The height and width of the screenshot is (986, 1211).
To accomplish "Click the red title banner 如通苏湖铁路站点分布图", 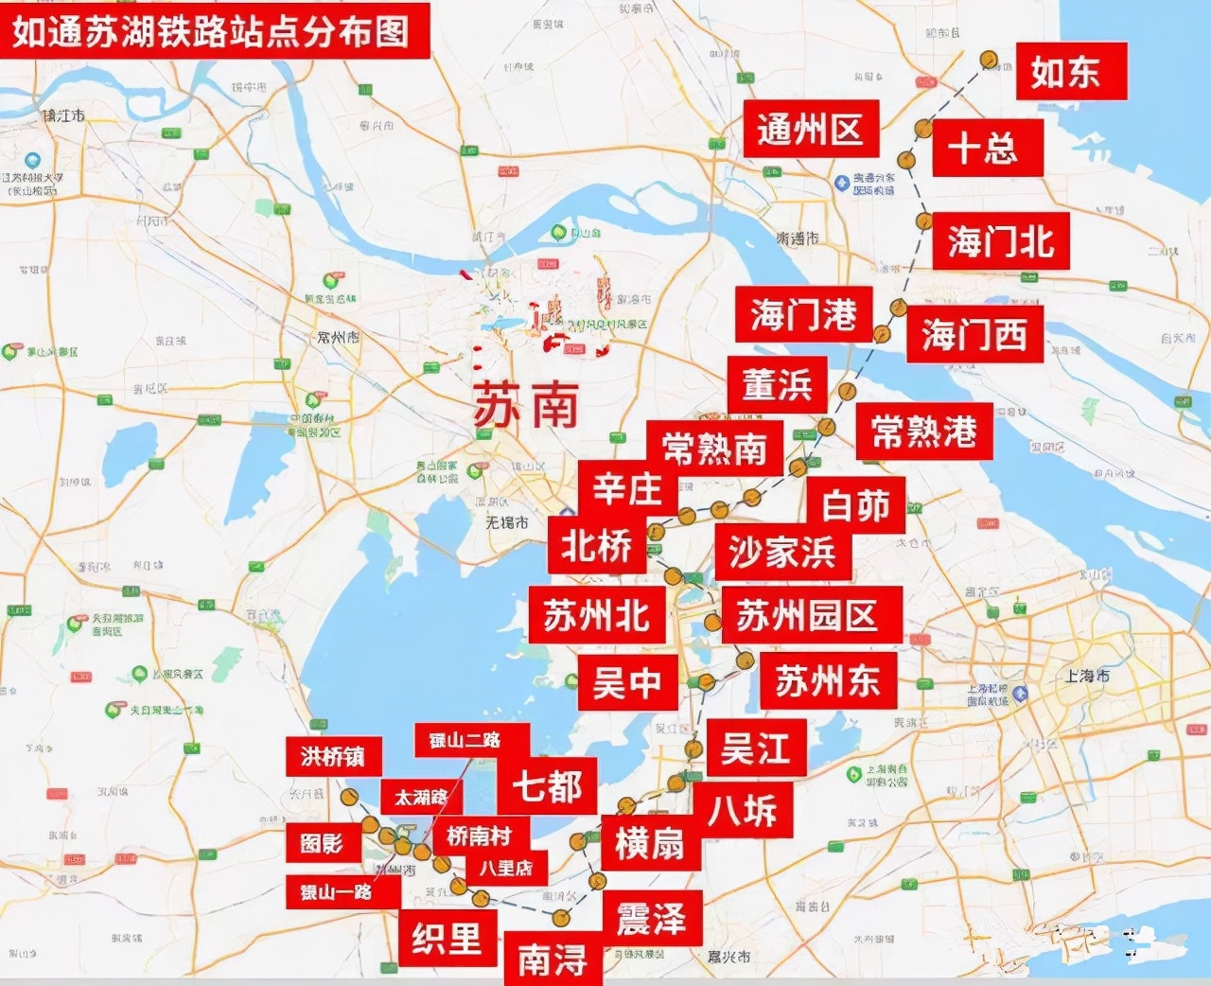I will [212, 30].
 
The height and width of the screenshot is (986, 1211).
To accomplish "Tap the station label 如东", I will [1070, 71].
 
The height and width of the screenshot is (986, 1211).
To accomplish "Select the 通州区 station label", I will [810, 129].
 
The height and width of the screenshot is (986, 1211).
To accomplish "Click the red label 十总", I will [986, 148].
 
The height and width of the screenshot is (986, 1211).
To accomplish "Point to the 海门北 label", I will [1001, 241].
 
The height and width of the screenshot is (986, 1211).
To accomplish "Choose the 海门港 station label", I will [803, 314].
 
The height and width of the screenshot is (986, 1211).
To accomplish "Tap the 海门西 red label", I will [974, 334].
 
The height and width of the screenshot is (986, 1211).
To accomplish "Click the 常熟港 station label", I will [923, 431].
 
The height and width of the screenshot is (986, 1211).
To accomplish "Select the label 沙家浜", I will [782, 552].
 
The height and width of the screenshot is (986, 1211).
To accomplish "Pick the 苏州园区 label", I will [810, 616].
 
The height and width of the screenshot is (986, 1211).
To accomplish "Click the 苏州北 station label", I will [596, 616].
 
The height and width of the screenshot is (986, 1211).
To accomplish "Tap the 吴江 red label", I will [755, 749].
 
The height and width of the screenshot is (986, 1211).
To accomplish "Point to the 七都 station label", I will [547, 785].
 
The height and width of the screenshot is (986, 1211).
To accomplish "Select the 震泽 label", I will [651, 918].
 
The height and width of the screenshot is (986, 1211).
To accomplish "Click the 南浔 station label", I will [553, 960].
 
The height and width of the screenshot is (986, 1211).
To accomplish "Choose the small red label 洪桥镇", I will [333, 756].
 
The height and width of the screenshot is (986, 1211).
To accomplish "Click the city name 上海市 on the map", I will [1087, 676].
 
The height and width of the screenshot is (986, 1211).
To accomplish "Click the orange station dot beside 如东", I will [989, 61].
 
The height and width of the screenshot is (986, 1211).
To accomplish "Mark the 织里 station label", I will [446, 938].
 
